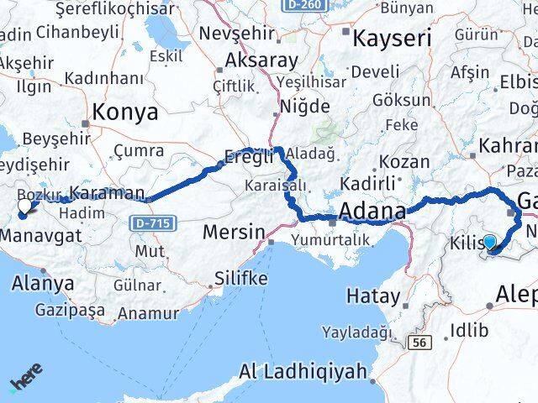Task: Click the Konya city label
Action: coord(125,113)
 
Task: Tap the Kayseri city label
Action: coord(391,39)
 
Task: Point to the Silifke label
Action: coord(241,278)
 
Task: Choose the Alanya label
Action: coord(42,283)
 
